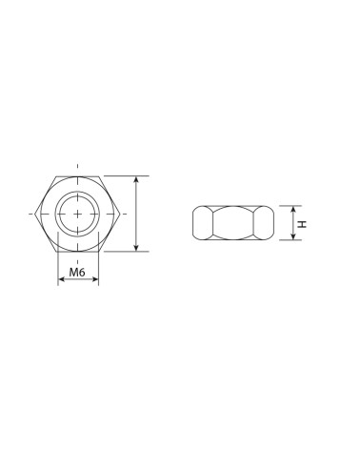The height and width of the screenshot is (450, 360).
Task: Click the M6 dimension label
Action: [x=79, y=274]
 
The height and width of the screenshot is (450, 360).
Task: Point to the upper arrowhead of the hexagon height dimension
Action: [x=139, y=179]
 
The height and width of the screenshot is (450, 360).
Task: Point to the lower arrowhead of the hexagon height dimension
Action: [x=139, y=248]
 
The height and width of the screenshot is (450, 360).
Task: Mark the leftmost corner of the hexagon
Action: [x=34, y=214]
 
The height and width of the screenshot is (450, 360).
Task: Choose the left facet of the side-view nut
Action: [x=202, y=223]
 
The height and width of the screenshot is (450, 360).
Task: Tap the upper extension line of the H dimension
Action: [x=286, y=205]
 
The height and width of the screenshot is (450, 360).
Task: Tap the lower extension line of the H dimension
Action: [x=286, y=241]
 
